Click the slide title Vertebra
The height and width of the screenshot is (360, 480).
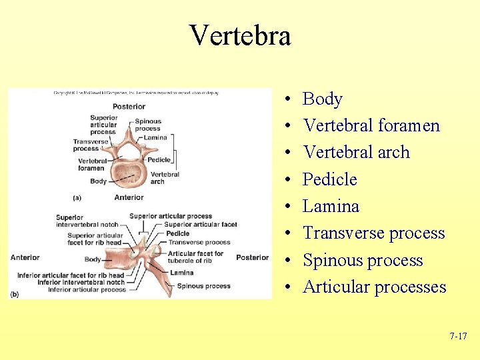240,35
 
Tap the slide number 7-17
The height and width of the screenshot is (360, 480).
458,336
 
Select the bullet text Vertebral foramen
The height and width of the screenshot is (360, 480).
371,125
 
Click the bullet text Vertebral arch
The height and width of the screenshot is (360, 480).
356,152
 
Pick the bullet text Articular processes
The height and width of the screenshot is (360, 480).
374,287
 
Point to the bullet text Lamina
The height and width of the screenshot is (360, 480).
331,206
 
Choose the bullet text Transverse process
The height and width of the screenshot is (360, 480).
373,233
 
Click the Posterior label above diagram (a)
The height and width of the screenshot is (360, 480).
129,107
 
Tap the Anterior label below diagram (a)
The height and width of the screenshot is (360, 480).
129,197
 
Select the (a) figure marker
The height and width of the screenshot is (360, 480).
77,197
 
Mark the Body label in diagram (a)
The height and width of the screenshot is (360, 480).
98,181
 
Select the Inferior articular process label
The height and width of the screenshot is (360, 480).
87,290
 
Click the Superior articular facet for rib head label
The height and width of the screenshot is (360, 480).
95,239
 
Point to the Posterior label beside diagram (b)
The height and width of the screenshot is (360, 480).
252,258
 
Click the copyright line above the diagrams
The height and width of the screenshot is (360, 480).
136,93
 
